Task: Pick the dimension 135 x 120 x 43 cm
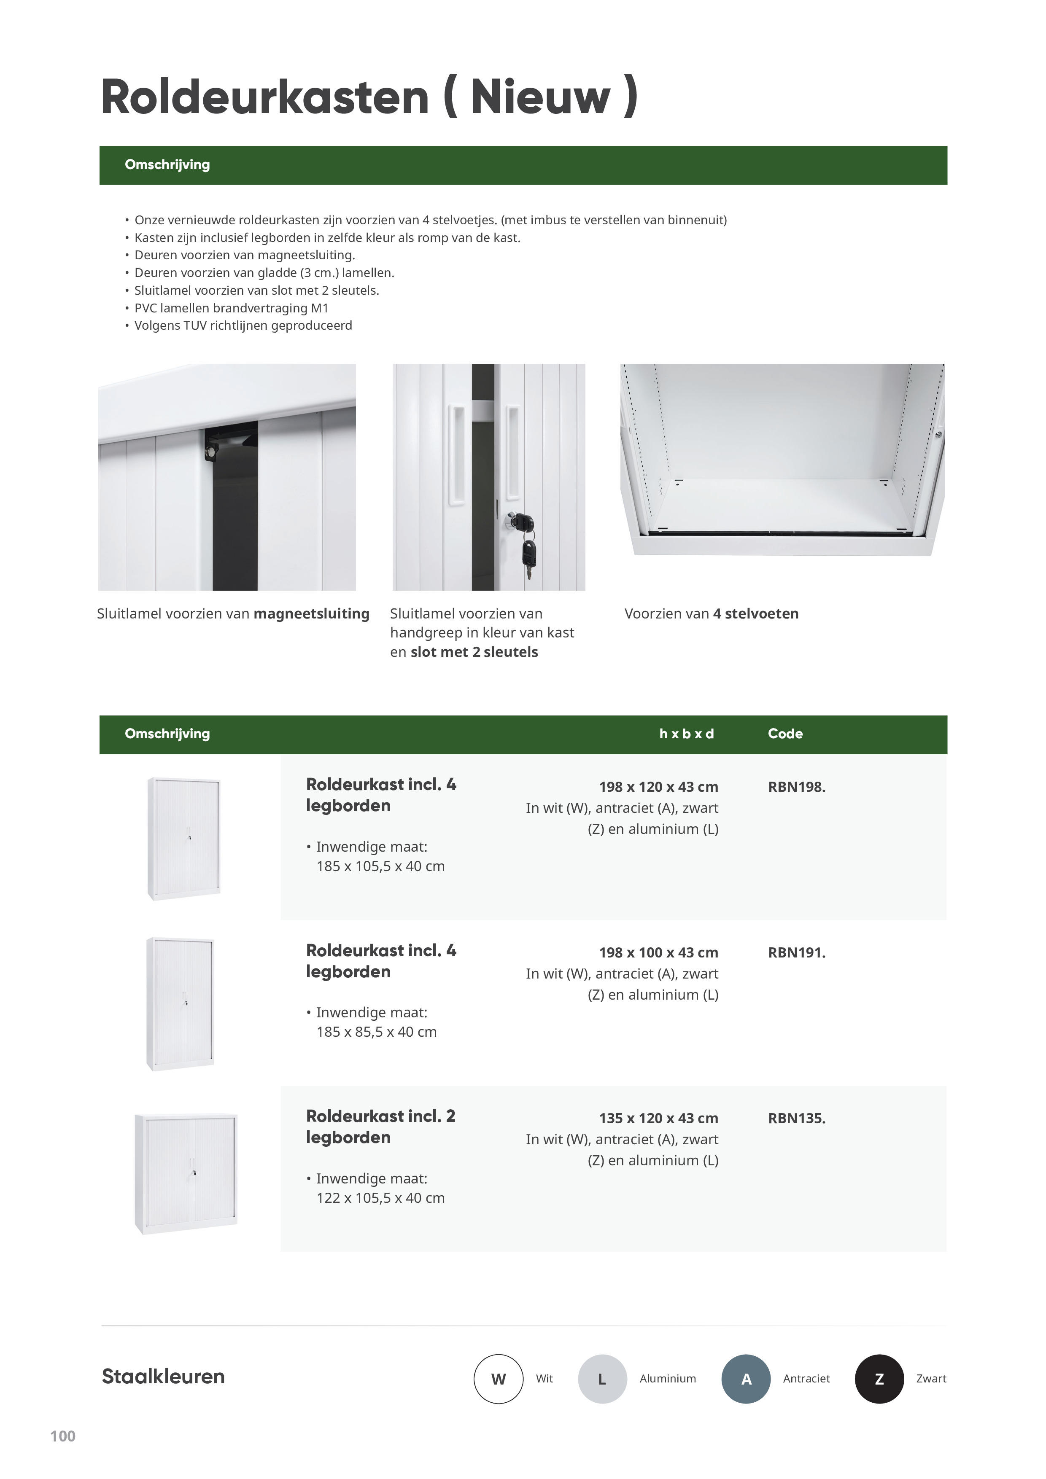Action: pyautogui.click(x=658, y=1118)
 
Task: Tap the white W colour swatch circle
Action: pyautogui.click(x=498, y=1379)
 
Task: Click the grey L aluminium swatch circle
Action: pyautogui.click(x=602, y=1379)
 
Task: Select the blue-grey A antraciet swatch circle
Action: pyautogui.click(x=746, y=1379)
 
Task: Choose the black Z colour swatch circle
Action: pyautogui.click(x=879, y=1379)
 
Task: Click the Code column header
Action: pyautogui.click(x=785, y=734)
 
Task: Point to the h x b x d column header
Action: pyautogui.click(x=686, y=734)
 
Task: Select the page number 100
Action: pyautogui.click(x=62, y=1436)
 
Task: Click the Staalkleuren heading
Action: pyautogui.click(x=163, y=1377)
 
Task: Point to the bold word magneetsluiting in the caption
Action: pyautogui.click(x=311, y=613)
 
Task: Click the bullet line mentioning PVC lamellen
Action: pyautogui.click(x=232, y=308)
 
